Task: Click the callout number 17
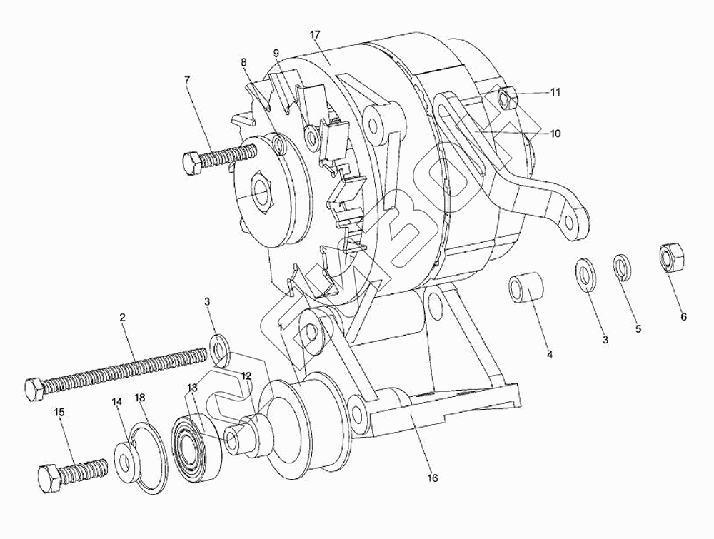315,34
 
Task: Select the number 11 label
555,92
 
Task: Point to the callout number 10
555,133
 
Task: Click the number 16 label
432,478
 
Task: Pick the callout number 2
122,316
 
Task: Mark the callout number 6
683,316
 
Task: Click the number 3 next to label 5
605,341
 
